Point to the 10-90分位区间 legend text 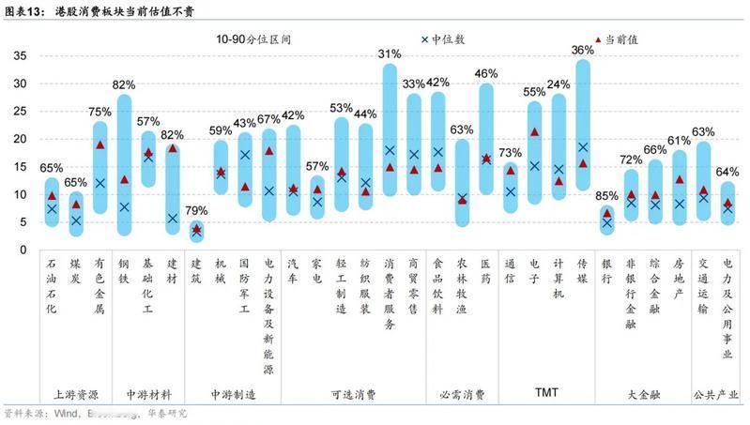click(248, 39)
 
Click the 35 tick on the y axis click(20, 56)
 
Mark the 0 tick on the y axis click(23, 250)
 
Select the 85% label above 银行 click(606, 196)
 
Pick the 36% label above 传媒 click(582, 50)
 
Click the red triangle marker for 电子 click(534, 132)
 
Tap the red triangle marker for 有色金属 click(100, 144)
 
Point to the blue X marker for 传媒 click(583, 147)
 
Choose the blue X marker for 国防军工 click(245, 155)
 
